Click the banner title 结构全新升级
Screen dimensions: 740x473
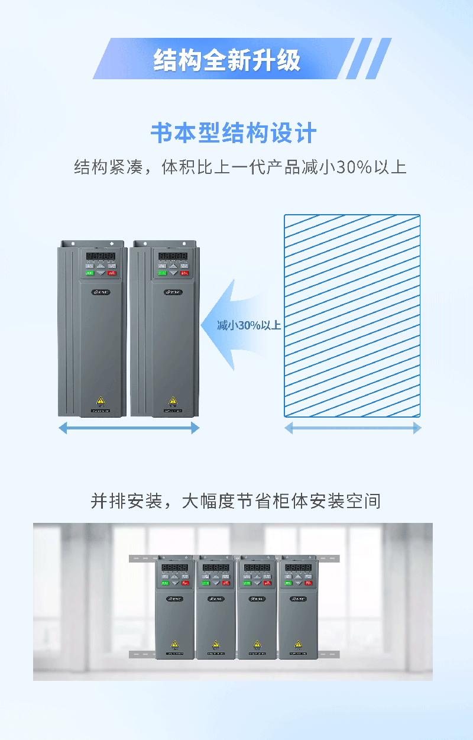227,60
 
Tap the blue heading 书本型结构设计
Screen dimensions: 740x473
234,134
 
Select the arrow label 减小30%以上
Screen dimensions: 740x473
248,325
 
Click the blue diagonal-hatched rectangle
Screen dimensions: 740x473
352,316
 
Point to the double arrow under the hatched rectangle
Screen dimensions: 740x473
352,428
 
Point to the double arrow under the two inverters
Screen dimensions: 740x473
129,428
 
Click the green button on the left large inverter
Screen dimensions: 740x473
90,273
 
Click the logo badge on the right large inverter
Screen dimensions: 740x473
173,292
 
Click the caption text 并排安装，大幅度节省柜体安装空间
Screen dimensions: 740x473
235,501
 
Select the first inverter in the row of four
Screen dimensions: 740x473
174,606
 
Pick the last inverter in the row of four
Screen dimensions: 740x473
298,606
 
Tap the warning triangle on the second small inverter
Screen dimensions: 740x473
216,644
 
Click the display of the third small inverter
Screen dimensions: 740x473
257,567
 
